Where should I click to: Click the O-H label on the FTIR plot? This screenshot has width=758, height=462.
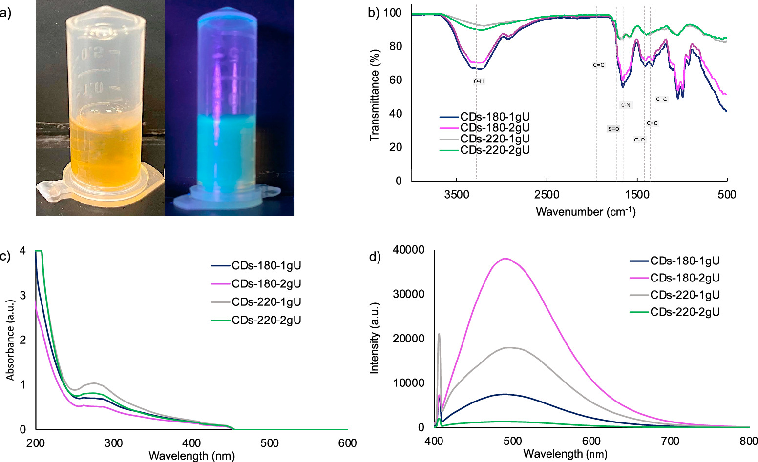(479, 81)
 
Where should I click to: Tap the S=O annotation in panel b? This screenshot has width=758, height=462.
(613, 129)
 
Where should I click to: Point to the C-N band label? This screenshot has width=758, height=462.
(626, 105)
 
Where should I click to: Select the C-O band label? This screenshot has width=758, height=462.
(639, 140)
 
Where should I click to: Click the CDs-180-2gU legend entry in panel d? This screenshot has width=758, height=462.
(685, 278)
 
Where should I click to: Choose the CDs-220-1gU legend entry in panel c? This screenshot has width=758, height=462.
(266, 302)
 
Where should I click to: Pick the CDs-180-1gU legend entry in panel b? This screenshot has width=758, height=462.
(495, 117)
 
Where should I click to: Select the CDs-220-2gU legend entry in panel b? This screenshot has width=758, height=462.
(495, 150)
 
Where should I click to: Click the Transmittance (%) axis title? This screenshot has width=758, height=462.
(375, 95)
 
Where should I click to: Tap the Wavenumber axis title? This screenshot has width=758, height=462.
(586, 212)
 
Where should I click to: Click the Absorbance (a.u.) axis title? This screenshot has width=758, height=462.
(10, 340)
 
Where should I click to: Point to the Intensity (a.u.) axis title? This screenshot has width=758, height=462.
(375, 338)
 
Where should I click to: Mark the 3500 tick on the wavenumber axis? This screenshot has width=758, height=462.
(456, 194)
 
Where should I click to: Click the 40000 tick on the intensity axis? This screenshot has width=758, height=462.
(408, 250)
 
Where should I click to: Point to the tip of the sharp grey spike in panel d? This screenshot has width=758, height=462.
(439, 334)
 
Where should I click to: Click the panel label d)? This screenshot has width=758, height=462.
(375, 257)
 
